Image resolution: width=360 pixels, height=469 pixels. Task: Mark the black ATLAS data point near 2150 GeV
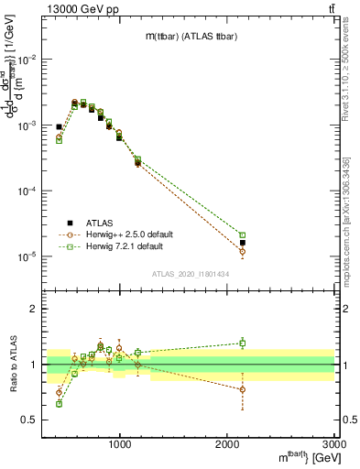pyautogui.click(x=243, y=244)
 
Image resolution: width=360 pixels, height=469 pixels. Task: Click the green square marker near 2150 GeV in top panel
pyautogui.click(x=243, y=235)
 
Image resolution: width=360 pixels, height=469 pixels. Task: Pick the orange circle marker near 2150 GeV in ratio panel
pyautogui.click(x=243, y=389)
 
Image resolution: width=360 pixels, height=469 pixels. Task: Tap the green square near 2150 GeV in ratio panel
pyautogui.click(x=243, y=343)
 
